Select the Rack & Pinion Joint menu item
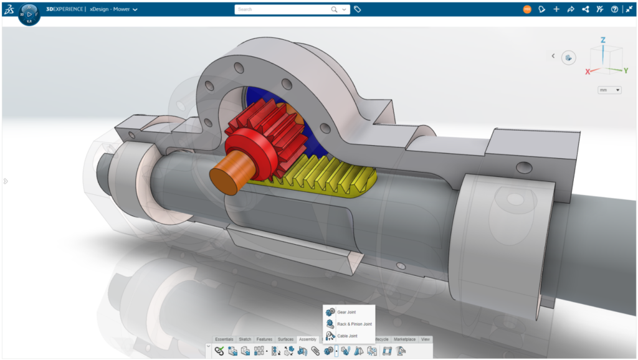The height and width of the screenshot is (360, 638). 354,324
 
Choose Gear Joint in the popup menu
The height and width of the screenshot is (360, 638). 346,312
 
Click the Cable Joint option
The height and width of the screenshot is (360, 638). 347,336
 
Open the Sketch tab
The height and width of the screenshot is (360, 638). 245,339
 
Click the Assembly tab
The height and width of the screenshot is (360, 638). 307,339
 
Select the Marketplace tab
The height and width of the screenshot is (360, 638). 404,339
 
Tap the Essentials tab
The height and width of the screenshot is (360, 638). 224,339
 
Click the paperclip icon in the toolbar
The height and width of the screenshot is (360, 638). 315,351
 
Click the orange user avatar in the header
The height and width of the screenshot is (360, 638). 528,9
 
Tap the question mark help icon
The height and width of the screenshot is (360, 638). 614,9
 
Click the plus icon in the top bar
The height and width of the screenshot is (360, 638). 556,9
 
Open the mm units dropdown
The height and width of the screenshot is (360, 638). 609,90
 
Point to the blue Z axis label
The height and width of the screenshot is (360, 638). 602,40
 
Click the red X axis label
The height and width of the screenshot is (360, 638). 587,72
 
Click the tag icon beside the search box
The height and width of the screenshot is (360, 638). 358,9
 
